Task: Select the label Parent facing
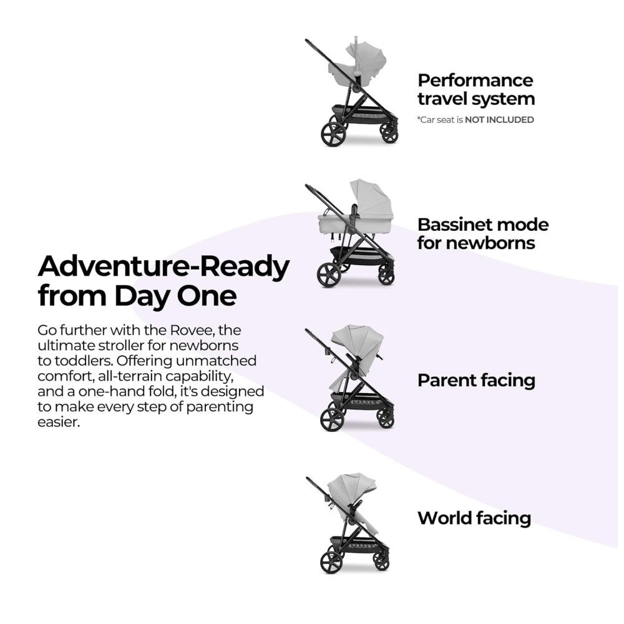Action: [x=476, y=380]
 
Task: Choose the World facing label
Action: [x=474, y=518]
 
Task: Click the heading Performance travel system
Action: [x=476, y=89]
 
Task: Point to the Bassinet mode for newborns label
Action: [x=483, y=233]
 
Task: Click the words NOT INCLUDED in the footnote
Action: [x=499, y=119]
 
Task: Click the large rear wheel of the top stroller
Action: [x=333, y=134]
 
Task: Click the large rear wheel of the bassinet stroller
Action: [x=329, y=275]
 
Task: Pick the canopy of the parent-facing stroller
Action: [x=357, y=340]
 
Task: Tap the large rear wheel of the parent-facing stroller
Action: [x=333, y=419]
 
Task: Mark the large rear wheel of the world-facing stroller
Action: [x=332, y=562]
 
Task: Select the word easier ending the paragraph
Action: [x=59, y=422]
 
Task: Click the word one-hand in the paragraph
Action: [x=112, y=391]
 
